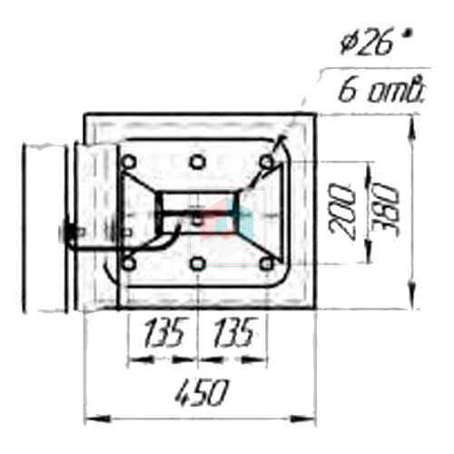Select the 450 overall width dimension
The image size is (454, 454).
201,393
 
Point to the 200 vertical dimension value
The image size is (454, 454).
341,212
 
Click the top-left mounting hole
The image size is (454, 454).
129,162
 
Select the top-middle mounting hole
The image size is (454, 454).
197,162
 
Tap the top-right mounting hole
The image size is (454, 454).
266,162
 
